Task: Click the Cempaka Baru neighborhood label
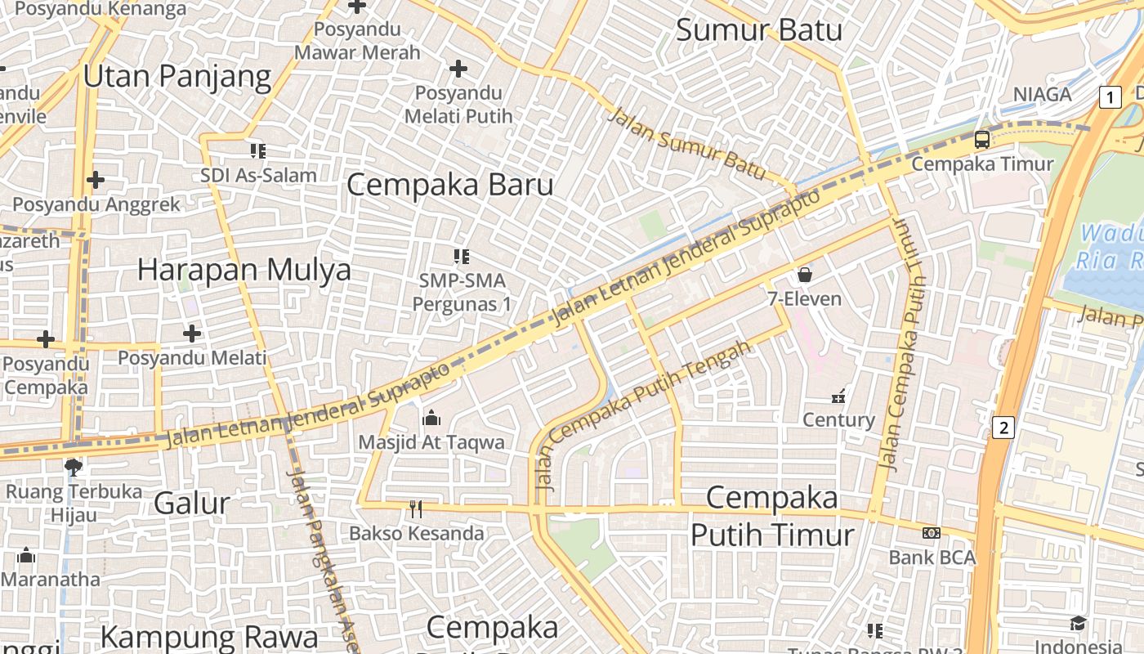coord(450,185)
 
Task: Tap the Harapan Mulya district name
coord(244,270)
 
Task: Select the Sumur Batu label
coord(759,31)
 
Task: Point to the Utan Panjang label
coord(177,77)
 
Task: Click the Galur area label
coord(192,503)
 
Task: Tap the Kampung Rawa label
coord(209,637)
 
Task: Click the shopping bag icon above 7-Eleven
coord(805,275)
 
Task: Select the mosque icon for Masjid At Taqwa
coord(431,419)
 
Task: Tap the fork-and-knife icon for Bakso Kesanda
coord(416,510)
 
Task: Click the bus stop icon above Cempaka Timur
coord(981,140)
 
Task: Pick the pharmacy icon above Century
coord(838,397)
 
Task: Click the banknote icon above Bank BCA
coord(931,534)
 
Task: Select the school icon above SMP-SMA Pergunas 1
coord(462,258)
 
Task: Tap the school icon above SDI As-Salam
coord(258,151)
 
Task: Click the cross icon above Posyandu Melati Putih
coord(458,69)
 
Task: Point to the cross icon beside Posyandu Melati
coord(192,334)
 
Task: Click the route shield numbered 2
coord(1004,428)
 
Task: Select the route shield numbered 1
coord(1110,97)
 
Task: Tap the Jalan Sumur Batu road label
coord(687,144)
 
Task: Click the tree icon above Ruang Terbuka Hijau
coord(74,468)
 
